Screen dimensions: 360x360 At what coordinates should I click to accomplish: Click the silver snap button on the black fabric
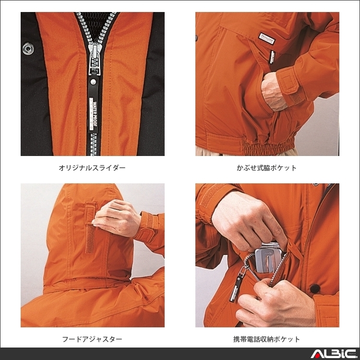pyautogui.click(x=27, y=48)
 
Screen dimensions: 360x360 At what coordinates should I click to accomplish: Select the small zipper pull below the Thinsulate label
pyautogui.click(x=272, y=57)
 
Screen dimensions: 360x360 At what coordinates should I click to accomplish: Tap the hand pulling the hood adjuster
pyautogui.click(x=116, y=218)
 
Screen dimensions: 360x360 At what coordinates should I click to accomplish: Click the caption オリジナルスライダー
pyautogui.click(x=92, y=168)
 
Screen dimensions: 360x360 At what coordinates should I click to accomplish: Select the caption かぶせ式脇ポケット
pyautogui.click(x=267, y=168)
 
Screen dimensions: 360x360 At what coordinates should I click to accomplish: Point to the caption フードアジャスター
pyautogui.click(x=92, y=339)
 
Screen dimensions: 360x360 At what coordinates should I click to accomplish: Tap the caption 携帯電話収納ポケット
pyautogui.click(x=267, y=339)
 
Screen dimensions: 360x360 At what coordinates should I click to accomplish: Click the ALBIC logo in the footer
pyautogui.click(x=332, y=354)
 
